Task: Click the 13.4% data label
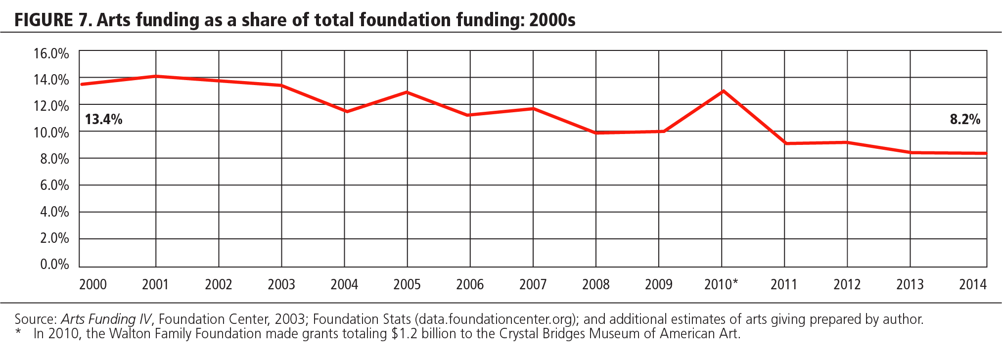103,119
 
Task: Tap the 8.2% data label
965,119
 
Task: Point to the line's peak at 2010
723,91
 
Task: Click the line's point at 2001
156,76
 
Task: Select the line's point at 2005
407,92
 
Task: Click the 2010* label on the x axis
721,284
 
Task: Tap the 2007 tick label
533,284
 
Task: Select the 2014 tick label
972,284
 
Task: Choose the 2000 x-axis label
93,284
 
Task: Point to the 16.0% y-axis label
51,53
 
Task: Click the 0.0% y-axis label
54,264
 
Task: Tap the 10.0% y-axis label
51,133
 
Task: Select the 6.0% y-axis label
54,185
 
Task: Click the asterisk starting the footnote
18,333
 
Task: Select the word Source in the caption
35,319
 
